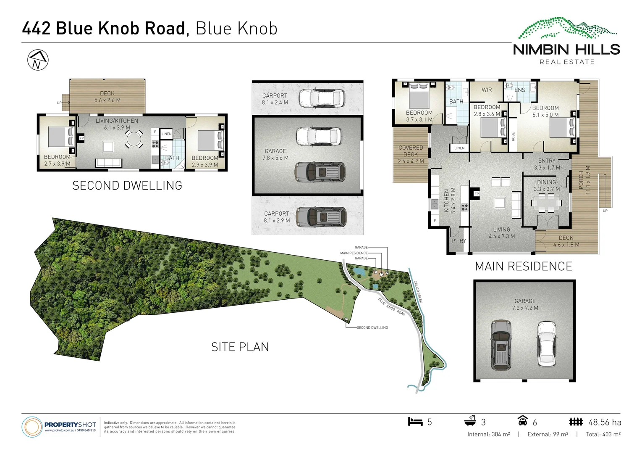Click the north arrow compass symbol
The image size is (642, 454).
tap(38, 60)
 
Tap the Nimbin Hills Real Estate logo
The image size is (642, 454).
tap(567, 42)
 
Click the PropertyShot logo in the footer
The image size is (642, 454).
tap(59, 426)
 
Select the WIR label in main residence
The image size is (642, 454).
tap(487, 90)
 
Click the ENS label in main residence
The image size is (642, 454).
tap(519, 90)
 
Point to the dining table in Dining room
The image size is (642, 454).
tap(546, 204)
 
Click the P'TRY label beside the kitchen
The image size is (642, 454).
tap(459, 241)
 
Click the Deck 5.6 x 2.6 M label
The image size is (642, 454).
tap(107, 97)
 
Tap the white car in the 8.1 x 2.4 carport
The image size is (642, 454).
tap(322, 98)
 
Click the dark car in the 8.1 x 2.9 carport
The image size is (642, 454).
tap(321, 216)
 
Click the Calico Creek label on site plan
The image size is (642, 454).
tap(418, 291)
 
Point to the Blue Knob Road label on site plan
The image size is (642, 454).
tap(391, 307)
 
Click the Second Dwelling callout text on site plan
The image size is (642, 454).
tap(372, 327)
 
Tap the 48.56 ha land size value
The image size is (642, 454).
tap(605, 422)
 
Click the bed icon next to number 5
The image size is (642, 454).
tap(415, 421)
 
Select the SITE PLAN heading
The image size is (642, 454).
tap(240, 347)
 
